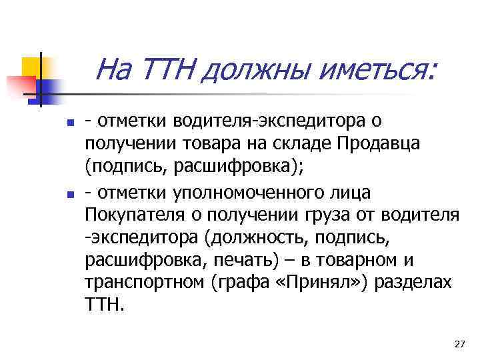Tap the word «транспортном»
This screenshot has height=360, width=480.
[x=144, y=283]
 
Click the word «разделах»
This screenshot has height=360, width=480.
[x=413, y=283]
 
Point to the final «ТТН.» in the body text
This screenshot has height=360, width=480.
[x=105, y=305]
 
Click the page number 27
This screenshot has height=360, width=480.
[x=459, y=343]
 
